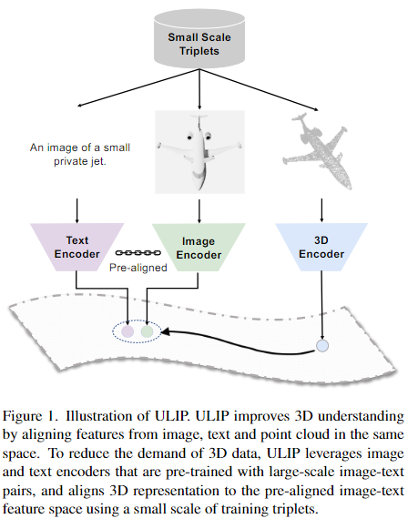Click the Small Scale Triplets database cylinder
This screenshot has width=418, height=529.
[199, 40]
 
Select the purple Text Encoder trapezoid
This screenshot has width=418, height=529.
[76, 247]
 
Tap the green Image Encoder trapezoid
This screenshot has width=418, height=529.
[199, 248]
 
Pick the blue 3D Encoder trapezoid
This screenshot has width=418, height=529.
[321, 247]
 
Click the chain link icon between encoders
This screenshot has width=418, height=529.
[138, 253]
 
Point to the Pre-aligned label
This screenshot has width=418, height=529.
[138, 268]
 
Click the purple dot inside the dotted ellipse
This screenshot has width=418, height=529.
[127, 331]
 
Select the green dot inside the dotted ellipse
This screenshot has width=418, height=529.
[148, 331]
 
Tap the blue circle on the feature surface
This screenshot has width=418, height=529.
[322, 346]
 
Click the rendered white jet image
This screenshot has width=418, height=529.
[199, 152]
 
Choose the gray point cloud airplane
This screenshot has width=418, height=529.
[318, 151]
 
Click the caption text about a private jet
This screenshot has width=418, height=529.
[80, 154]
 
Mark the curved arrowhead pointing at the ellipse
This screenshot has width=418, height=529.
[166, 332]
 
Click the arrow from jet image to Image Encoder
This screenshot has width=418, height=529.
[199, 211]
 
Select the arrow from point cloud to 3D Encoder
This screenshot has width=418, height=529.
[321, 210]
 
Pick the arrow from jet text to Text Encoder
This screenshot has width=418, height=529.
[76, 211]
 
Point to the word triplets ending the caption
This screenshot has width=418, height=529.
[295, 509]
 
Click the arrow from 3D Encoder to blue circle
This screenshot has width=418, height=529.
[322, 305]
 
